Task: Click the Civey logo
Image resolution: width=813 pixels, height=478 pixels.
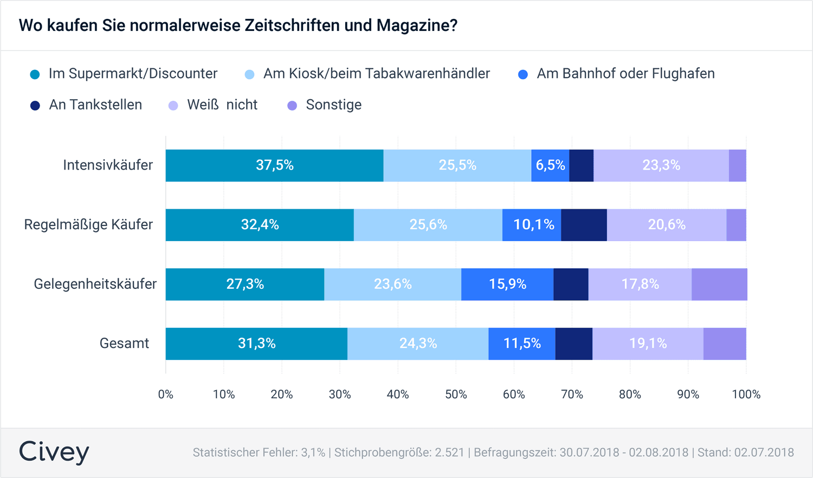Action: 54,452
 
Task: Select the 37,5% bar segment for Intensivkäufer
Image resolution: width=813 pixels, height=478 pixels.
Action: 274,165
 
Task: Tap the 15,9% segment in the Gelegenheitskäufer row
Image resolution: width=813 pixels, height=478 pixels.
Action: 507,284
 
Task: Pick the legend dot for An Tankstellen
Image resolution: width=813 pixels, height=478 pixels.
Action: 35,106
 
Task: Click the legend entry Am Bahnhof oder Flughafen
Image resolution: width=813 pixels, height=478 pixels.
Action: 625,74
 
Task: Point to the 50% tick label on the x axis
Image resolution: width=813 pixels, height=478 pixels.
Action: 456,395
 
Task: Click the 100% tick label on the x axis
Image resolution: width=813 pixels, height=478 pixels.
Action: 746,395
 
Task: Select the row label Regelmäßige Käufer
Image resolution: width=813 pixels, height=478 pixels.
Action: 88,225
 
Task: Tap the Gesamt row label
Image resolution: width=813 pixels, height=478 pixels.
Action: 124,344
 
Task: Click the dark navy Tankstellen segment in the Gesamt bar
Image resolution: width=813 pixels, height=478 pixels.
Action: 574,344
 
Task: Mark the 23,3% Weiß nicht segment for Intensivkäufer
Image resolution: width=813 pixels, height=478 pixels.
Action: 661,165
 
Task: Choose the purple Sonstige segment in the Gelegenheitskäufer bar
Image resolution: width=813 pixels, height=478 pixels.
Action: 719,284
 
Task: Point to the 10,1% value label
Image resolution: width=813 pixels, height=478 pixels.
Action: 534,225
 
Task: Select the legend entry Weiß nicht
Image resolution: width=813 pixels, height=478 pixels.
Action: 222,105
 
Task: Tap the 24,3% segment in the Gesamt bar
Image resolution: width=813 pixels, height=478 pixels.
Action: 418,344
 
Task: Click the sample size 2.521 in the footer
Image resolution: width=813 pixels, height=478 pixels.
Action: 449,453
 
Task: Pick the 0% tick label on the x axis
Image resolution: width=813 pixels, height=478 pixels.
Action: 166,395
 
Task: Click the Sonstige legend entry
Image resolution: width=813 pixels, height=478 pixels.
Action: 333,105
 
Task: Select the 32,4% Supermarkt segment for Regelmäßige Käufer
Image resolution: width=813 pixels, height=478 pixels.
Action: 260,225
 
